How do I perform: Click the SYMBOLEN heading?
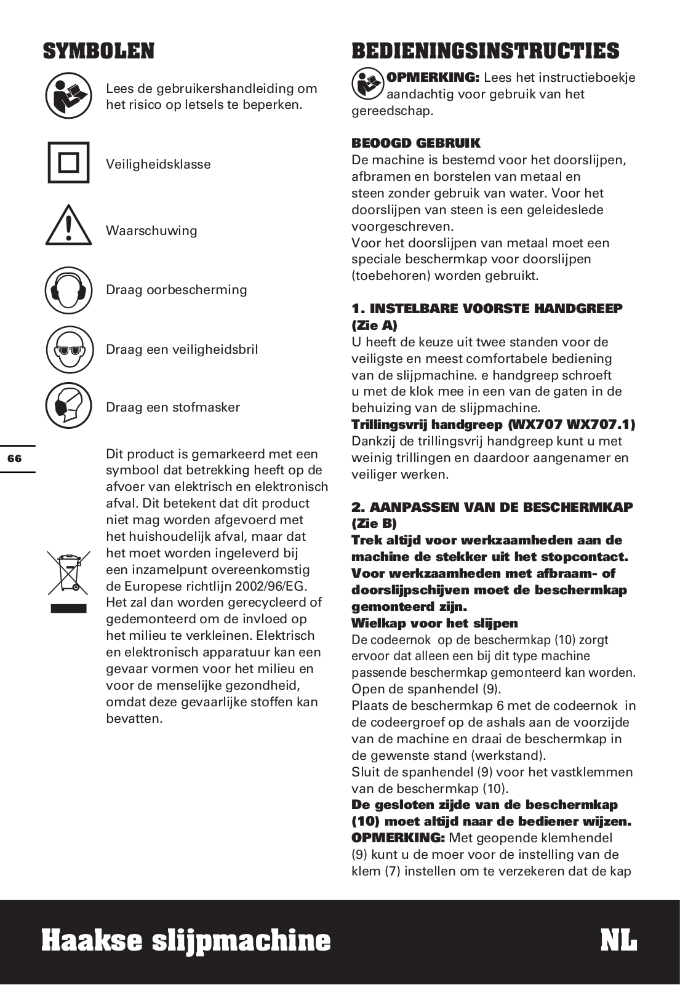(x=98, y=51)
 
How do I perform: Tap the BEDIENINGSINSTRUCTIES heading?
(x=485, y=51)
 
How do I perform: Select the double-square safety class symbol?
(x=68, y=163)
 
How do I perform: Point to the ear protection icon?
(x=68, y=290)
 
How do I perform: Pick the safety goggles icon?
(x=68, y=349)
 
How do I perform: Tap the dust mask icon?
(x=68, y=406)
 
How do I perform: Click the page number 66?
(x=15, y=458)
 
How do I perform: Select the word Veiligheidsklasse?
(x=158, y=164)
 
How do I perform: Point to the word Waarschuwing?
(x=151, y=231)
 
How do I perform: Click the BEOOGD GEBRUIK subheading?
(x=416, y=143)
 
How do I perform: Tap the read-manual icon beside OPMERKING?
(x=367, y=84)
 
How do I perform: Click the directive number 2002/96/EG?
(x=271, y=586)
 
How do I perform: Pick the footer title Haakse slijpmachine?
(x=186, y=941)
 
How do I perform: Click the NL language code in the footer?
(x=618, y=941)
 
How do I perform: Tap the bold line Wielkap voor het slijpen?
(x=434, y=623)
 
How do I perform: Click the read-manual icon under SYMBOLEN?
(x=68, y=96)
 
